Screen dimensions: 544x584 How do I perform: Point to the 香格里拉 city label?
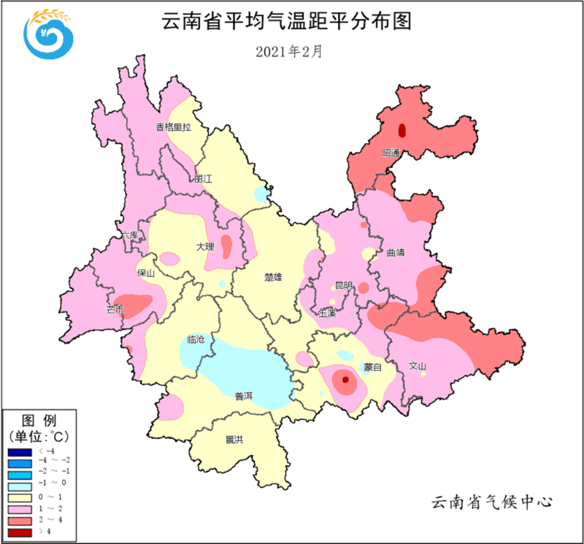pos(173,127)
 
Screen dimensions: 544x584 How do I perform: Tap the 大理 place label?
pos(205,247)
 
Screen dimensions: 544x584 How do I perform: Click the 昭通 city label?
pos(392,153)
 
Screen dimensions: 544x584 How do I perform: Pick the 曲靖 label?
pos(395,253)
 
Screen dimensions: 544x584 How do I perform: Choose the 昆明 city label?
pos(343,286)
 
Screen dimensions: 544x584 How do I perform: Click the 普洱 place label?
pos(243,396)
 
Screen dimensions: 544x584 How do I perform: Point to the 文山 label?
pos(417,366)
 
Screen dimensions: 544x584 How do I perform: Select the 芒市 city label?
pos(115,310)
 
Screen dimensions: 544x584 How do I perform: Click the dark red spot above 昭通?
pos(401,131)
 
